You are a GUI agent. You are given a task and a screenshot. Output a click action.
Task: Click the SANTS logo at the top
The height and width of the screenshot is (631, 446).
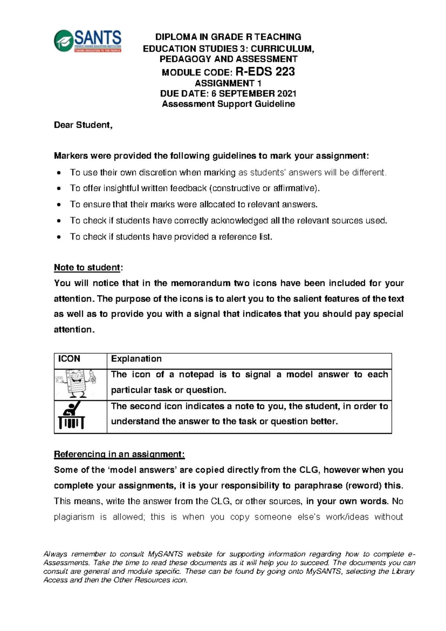click(88, 41)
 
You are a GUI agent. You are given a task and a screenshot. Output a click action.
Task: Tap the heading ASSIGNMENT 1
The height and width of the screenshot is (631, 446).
click(228, 83)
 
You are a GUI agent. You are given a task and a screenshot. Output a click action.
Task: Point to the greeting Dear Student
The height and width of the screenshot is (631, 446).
click(83, 125)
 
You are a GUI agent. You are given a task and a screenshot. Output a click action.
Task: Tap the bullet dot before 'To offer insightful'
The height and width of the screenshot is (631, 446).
click(59, 189)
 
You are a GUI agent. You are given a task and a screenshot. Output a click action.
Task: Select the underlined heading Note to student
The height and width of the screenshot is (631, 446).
click(87, 268)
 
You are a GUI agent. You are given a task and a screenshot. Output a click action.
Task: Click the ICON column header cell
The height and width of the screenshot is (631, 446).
click(69, 359)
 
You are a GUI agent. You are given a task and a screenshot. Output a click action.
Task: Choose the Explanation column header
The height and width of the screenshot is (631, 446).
click(136, 359)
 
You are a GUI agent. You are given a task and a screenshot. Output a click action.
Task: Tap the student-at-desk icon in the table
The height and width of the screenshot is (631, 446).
click(72, 416)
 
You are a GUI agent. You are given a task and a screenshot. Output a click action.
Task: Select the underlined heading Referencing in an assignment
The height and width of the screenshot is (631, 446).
click(119, 454)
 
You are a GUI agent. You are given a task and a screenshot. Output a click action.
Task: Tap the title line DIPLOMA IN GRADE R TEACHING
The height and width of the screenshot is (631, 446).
click(228, 37)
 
